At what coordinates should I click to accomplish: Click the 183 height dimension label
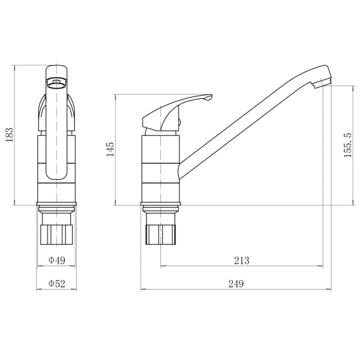(10, 135)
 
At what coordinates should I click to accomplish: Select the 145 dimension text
(110, 149)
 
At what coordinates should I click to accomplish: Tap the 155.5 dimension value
(348, 145)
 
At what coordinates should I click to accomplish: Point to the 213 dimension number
(241, 260)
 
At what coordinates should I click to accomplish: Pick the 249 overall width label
(236, 284)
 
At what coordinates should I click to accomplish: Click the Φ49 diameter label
(56, 260)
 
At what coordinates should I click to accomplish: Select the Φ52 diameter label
(56, 283)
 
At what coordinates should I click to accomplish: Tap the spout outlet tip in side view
(323, 82)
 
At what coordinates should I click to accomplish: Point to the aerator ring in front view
(56, 83)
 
